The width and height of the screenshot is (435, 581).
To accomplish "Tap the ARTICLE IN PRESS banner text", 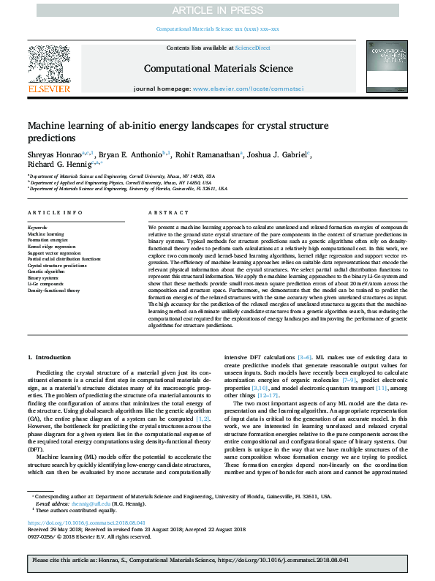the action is click(217, 10).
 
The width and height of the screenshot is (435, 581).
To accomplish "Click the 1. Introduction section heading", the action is click(50, 356).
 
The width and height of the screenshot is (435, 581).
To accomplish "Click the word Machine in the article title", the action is click(49, 126).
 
